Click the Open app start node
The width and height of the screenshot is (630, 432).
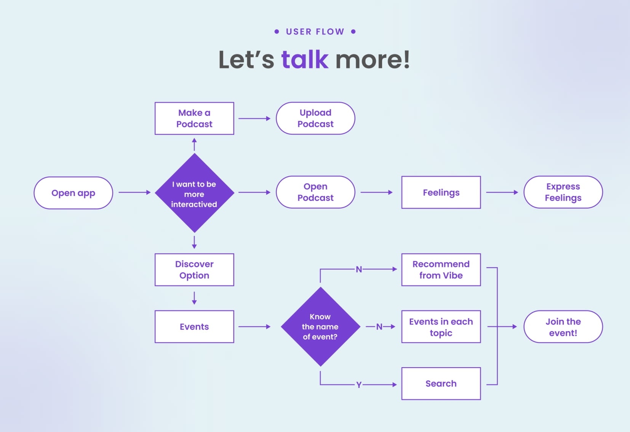pos(74,193)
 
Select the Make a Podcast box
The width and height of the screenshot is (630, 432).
pos(194,118)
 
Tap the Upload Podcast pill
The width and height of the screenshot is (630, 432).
pos(315,118)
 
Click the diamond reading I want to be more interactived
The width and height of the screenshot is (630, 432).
pos(194,193)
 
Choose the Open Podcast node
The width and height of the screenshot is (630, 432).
pos(315,192)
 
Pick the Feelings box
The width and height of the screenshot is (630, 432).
pos(441,192)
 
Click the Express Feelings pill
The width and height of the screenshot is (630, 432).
pos(563,192)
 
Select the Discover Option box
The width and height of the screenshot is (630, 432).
pos(194,270)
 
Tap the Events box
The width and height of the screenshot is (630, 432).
pos(194,327)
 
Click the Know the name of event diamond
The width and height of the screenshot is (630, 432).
pos(320,327)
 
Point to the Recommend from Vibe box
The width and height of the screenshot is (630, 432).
pos(441,270)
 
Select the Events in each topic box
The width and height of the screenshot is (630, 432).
pos(441,327)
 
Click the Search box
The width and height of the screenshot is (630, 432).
pos(441,384)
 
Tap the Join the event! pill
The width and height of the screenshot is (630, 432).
pos(563,327)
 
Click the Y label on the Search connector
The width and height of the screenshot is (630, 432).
pos(358,385)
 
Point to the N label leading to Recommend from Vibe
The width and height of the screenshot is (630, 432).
pos(359,270)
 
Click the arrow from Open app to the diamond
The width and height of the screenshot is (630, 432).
pos(135,192)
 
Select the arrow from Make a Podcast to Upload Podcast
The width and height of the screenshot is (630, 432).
pos(254,119)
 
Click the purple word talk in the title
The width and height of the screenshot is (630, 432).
pos(305,59)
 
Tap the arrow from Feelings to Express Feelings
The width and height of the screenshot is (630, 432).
pos(502,192)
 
